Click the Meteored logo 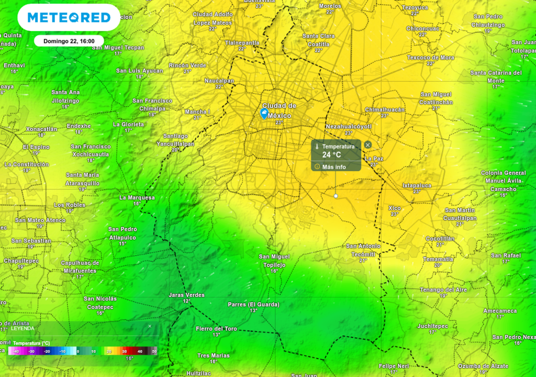click(x=69, y=18)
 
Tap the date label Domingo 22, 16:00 click(x=69, y=41)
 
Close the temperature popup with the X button click(x=368, y=145)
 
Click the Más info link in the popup click(x=334, y=167)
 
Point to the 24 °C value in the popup click(x=331, y=154)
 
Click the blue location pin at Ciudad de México click(x=265, y=113)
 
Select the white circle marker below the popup click(x=336, y=196)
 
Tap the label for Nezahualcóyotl click(x=348, y=127)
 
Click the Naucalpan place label click(x=219, y=81)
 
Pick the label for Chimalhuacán click(x=385, y=109)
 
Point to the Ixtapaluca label click(x=417, y=185)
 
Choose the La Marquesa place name click(x=137, y=197)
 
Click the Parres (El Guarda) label click(x=253, y=304)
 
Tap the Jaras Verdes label click(x=186, y=295)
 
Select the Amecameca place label click(x=500, y=311)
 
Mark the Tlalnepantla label click(x=242, y=42)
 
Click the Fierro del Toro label click(x=216, y=329)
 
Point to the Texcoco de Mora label click(x=431, y=57)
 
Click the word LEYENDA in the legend click(x=23, y=328)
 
